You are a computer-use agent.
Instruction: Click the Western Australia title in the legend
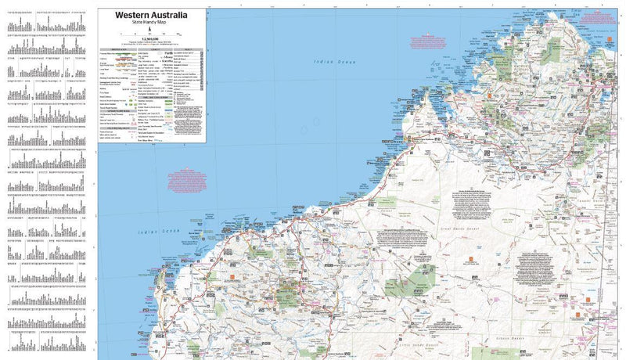(153, 13)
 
